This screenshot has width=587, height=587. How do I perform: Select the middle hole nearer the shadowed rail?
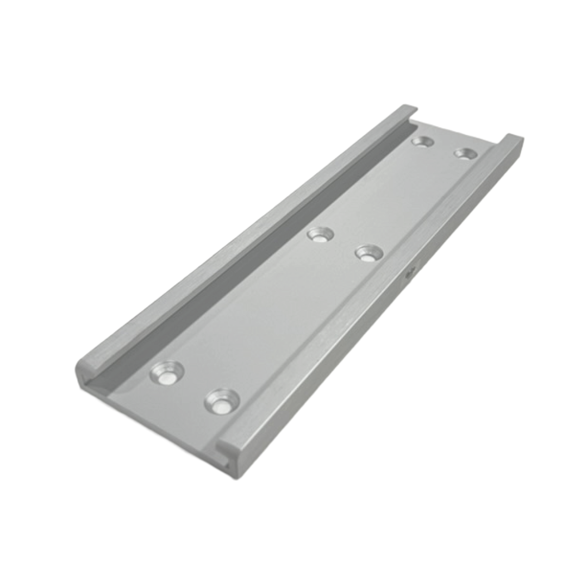coord(320,234)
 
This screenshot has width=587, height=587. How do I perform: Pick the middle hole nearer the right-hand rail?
coord(369,253)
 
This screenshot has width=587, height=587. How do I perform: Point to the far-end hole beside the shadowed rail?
coord(422,142)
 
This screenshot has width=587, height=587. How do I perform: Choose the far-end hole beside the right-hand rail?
coord(465,154)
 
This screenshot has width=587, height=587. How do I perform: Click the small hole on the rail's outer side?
coord(411,270)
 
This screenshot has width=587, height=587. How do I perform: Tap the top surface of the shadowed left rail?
coord(245,239)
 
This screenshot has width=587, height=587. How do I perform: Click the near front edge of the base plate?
coord(163,424)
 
